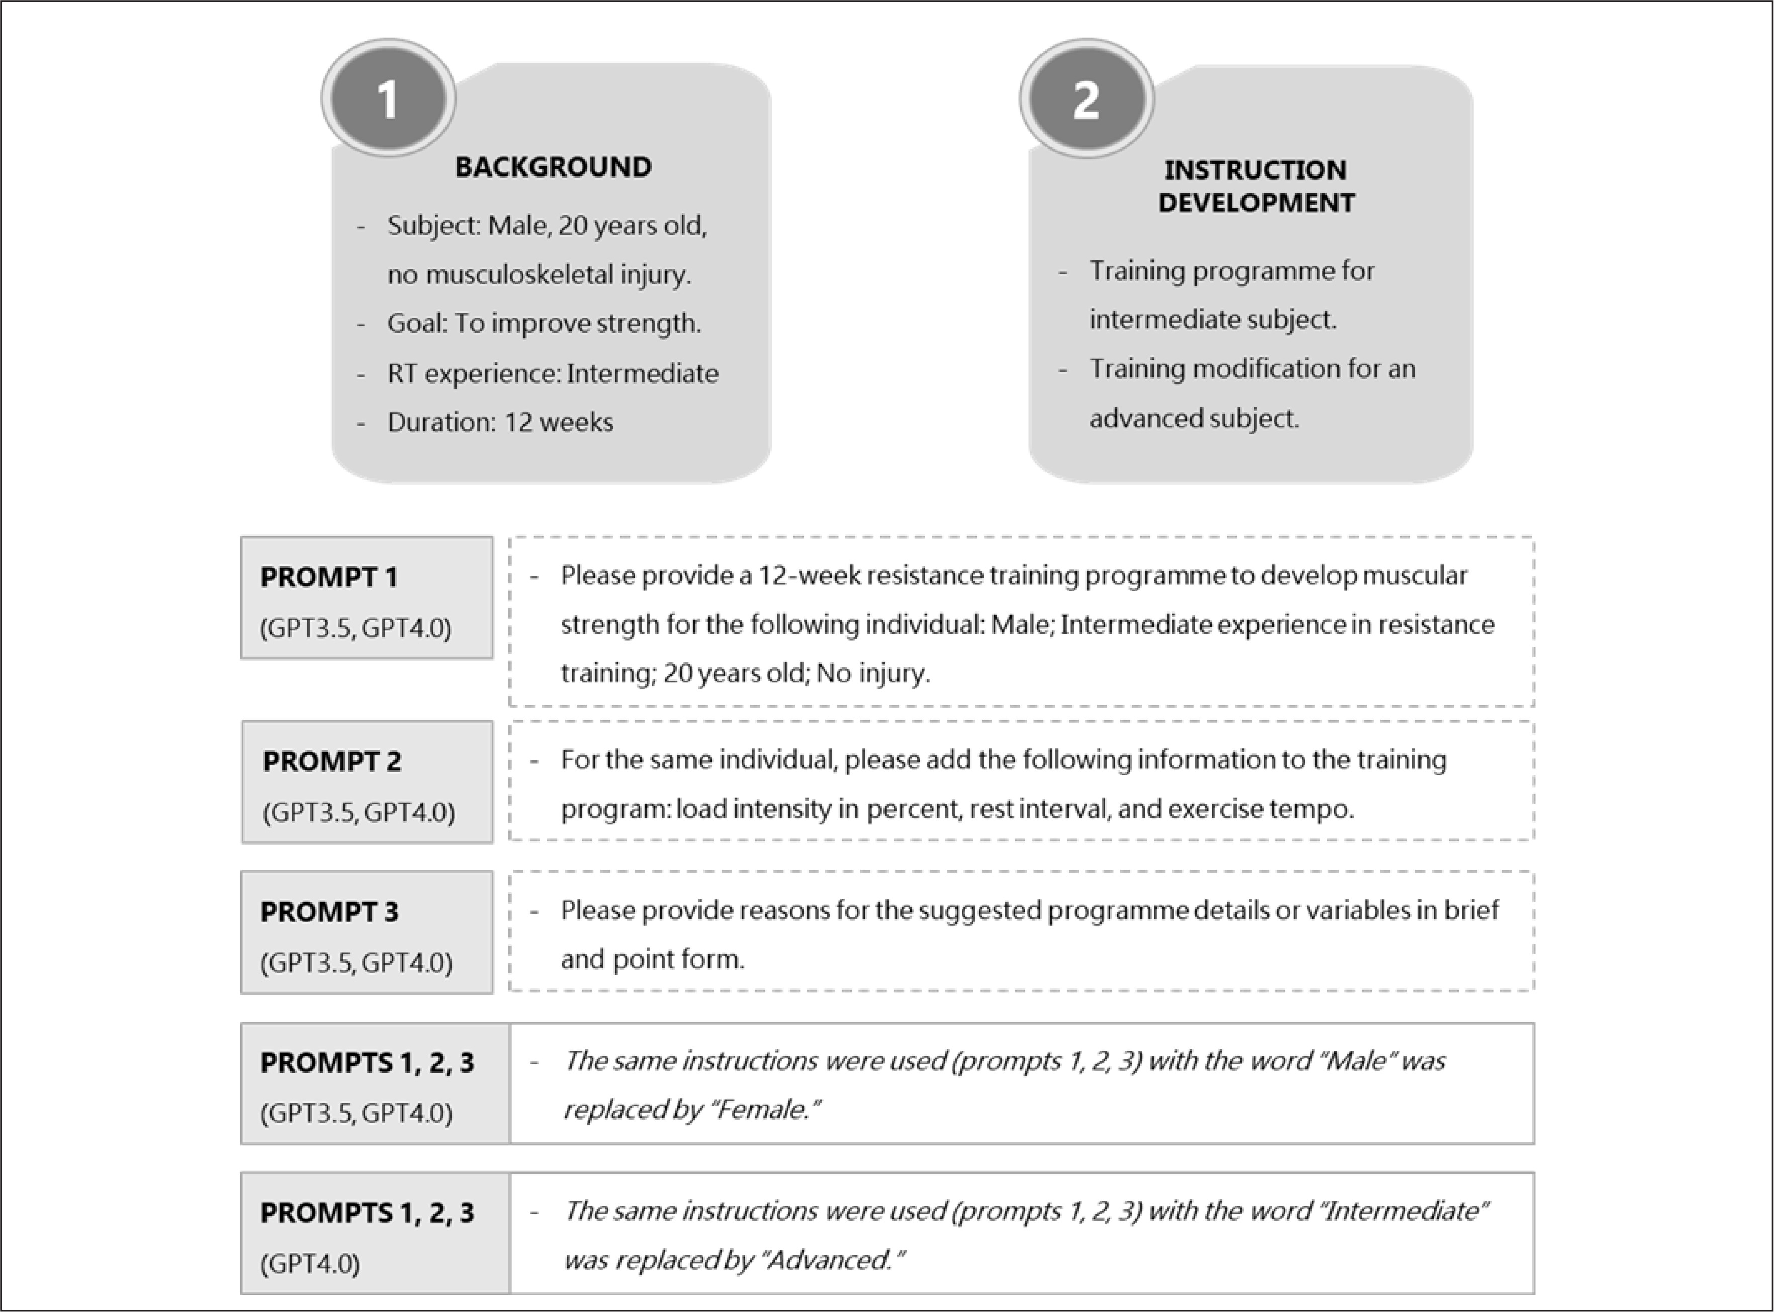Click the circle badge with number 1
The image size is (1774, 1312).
(x=388, y=99)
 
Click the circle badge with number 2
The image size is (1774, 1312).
(x=1086, y=99)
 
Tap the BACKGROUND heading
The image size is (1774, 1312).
(x=553, y=167)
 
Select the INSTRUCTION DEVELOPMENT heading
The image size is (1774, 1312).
(x=1256, y=186)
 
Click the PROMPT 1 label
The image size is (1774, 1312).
(x=329, y=577)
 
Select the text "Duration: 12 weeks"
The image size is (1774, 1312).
(x=500, y=422)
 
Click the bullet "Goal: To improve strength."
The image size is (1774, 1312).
(x=544, y=324)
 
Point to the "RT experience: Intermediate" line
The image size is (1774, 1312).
(x=553, y=373)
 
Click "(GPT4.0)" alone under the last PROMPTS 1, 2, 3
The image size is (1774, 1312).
(x=310, y=1263)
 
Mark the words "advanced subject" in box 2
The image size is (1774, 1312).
(x=1194, y=418)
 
